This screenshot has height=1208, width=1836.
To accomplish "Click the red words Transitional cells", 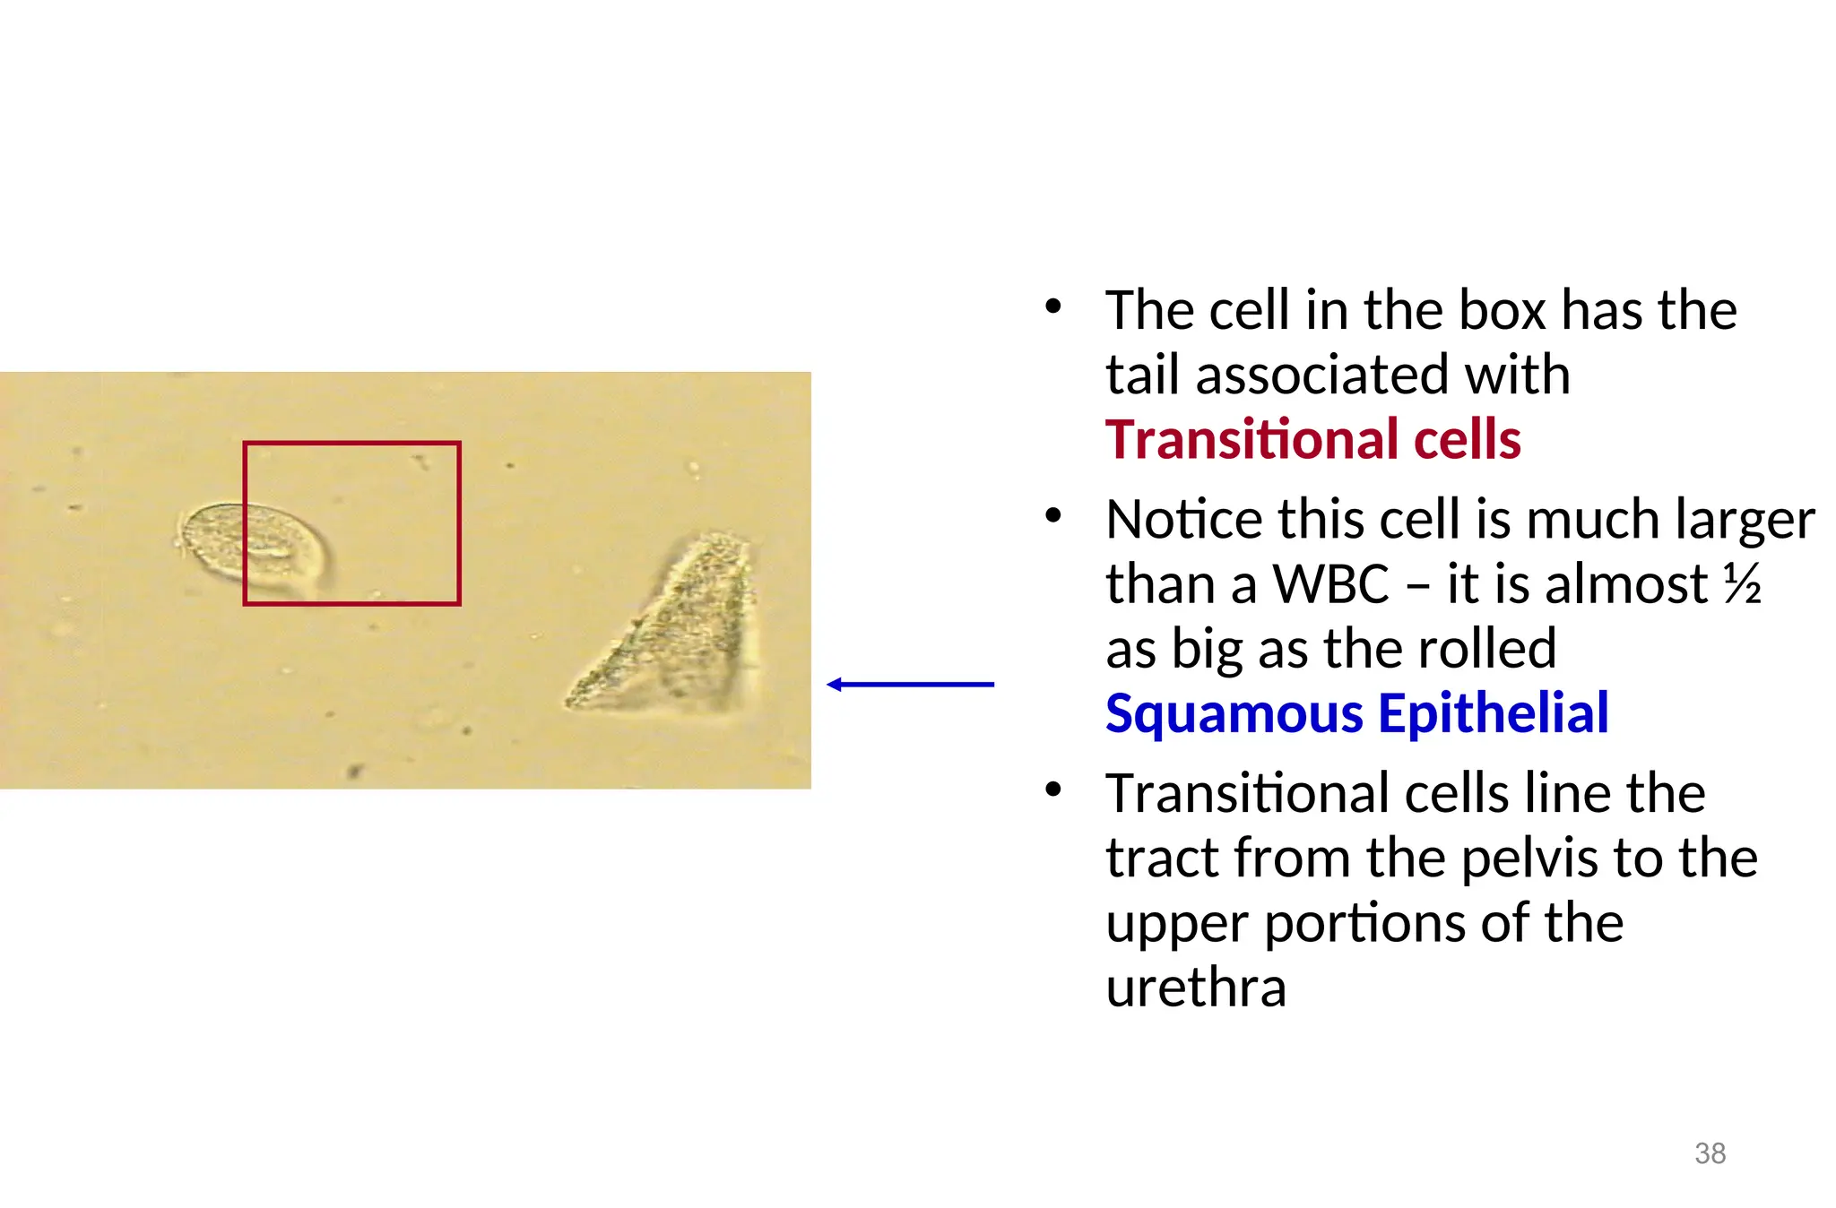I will pyautogui.click(x=1312, y=440).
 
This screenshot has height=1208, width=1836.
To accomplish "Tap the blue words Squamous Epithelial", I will pyautogui.click(x=1356, y=714).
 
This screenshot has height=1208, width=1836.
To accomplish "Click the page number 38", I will pyautogui.click(x=1710, y=1153).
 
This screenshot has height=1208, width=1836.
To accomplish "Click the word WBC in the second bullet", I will pyautogui.click(x=1331, y=584).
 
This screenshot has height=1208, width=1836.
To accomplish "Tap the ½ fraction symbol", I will pyautogui.click(x=1742, y=584).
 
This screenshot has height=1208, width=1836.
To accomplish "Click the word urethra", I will pyautogui.click(x=1196, y=988).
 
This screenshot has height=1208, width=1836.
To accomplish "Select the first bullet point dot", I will pyautogui.click(x=1053, y=306).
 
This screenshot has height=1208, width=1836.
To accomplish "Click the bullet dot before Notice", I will pyautogui.click(x=1053, y=516).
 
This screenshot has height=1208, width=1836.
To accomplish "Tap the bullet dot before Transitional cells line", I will pyautogui.click(x=1053, y=790).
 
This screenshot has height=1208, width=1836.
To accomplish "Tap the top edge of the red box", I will pyautogui.click(x=351, y=443).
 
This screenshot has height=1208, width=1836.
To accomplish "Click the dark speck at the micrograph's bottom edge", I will pyautogui.click(x=355, y=771).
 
